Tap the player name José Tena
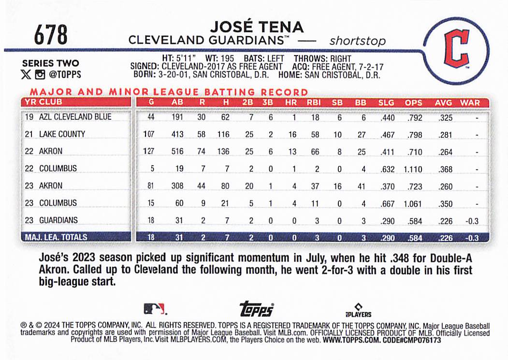tap(257, 27)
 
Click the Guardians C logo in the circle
tap(456, 48)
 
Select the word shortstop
tap(357, 41)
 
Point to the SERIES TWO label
tap(50, 63)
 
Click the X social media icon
tap(26, 74)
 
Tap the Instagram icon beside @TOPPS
tap(40, 74)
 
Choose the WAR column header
tap(470, 102)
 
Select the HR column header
tap(292, 102)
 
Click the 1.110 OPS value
tap(413, 169)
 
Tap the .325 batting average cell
tap(445, 117)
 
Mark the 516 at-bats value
tap(177, 152)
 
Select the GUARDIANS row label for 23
tap(58, 220)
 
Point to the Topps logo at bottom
tap(257, 309)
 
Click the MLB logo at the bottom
tap(154, 308)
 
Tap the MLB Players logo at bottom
tap(359, 309)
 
